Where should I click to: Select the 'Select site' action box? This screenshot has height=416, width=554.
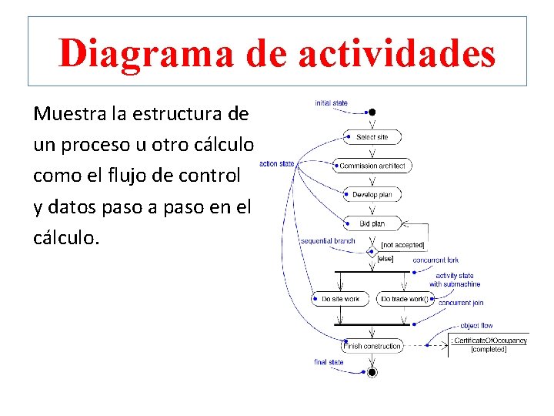(x=372, y=137)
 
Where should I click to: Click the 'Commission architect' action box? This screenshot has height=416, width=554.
(x=372, y=166)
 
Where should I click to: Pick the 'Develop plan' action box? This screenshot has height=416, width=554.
(x=372, y=194)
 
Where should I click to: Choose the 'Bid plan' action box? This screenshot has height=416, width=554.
(x=372, y=223)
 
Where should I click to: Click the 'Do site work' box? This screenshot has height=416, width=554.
(x=341, y=298)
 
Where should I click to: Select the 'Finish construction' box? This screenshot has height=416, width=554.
(x=372, y=346)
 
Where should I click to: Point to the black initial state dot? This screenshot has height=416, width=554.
(x=372, y=112)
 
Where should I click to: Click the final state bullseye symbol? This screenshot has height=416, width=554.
(x=372, y=372)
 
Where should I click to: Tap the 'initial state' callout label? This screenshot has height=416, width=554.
(x=331, y=103)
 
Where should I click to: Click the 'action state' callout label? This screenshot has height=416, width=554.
(x=277, y=163)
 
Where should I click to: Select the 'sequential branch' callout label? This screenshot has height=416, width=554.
(x=328, y=241)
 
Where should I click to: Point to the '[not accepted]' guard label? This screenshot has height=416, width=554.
(x=403, y=245)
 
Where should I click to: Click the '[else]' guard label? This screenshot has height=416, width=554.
(x=385, y=259)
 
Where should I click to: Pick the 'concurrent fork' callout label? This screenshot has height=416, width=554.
(x=436, y=260)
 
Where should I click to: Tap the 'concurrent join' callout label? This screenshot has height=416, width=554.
(x=461, y=303)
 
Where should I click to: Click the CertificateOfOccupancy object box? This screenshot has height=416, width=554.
(x=489, y=344)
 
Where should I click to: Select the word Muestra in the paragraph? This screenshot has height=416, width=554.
(x=68, y=114)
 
